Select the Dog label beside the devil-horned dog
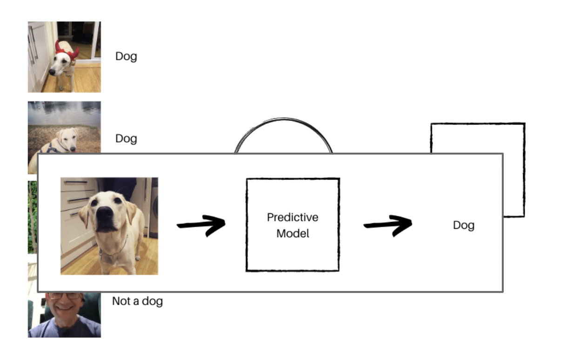126,57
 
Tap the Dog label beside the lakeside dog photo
126,139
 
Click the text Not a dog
137,301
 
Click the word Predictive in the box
292,217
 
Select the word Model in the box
293,233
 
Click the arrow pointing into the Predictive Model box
201,225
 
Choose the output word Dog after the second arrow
463,226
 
